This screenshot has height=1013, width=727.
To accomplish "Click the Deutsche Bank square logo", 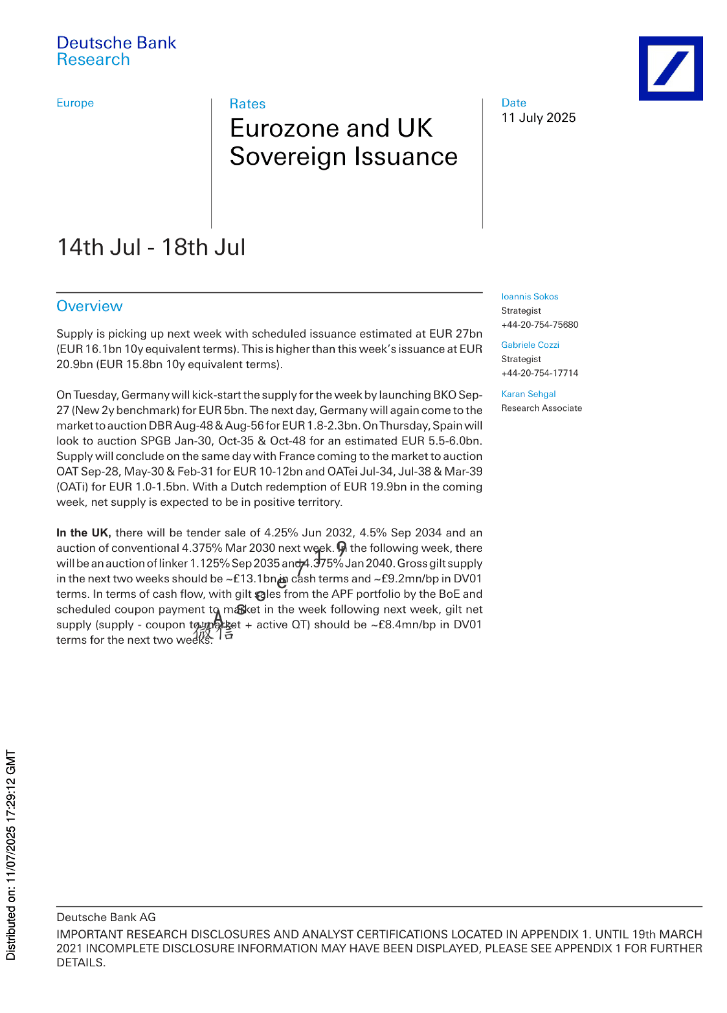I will [670, 68].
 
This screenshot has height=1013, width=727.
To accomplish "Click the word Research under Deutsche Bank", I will [93, 59].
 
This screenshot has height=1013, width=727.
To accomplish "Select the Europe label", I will [75, 103].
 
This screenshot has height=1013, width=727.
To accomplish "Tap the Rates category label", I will [247, 104].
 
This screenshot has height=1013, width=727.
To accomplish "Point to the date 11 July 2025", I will [539, 118].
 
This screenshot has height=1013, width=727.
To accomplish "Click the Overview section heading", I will [89, 306].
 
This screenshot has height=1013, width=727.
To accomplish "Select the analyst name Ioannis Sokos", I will [529, 296].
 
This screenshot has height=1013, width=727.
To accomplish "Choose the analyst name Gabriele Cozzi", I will [530, 345].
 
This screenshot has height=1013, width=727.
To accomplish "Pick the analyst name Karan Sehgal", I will [528, 394].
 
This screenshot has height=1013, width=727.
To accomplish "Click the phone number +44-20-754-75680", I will [539, 325].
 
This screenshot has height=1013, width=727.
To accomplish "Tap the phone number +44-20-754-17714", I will [539, 373].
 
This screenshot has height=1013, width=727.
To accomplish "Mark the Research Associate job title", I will [541, 408].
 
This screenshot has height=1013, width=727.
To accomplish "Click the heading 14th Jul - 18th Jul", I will [151, 247].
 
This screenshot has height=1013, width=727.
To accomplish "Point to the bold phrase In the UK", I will [83, 533].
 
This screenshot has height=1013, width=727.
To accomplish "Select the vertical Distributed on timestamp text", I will [11, 854].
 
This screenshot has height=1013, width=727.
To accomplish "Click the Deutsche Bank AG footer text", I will [106, 917].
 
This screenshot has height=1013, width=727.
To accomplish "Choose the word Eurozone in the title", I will [288, 129].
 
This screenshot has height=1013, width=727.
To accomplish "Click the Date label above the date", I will [513, 103].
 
